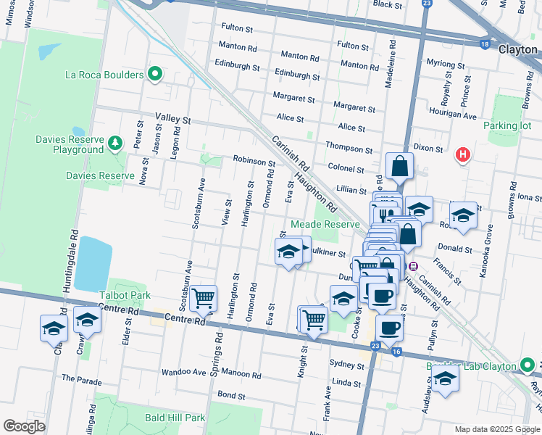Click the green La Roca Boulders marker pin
154,74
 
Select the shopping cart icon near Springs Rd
204,297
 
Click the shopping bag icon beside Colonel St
399,167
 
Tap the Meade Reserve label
325,225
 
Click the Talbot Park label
125,296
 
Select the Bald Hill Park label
174,418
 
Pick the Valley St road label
172,119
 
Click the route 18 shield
484,45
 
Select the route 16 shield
395,352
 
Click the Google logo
24,426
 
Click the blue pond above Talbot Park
93,262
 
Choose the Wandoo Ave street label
183,372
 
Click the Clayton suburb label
517,49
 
